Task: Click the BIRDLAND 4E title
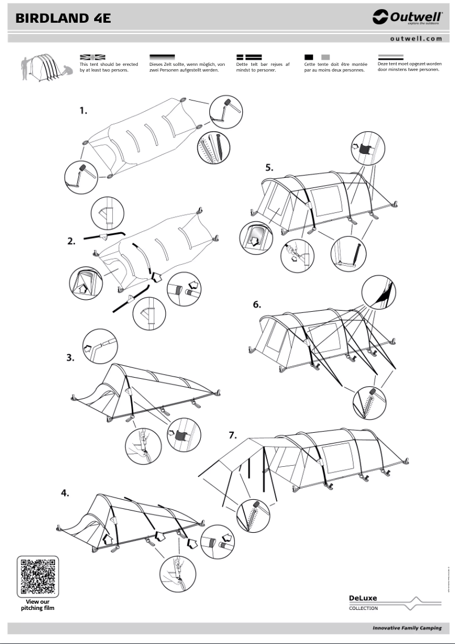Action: click(63, 18)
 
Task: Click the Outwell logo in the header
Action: click(407, 18)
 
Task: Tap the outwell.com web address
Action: click(416, 39)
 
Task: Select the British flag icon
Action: click(92, 57)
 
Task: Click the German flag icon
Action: click(162, 57)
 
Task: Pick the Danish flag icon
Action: click(248, 57)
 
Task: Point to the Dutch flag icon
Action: click(390, 57)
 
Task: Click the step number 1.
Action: click(83, 111)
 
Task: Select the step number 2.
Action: click(71, 241)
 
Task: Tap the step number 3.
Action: click(70, 358)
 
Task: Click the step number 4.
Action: click(66, 493)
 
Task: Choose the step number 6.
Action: click(257, 304)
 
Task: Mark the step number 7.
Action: click(232, 435)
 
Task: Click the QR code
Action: click(38, 576)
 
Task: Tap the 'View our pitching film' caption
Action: click(38, 605)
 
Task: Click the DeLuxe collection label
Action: click(363, 601)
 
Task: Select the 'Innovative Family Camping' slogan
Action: click(407, 628)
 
